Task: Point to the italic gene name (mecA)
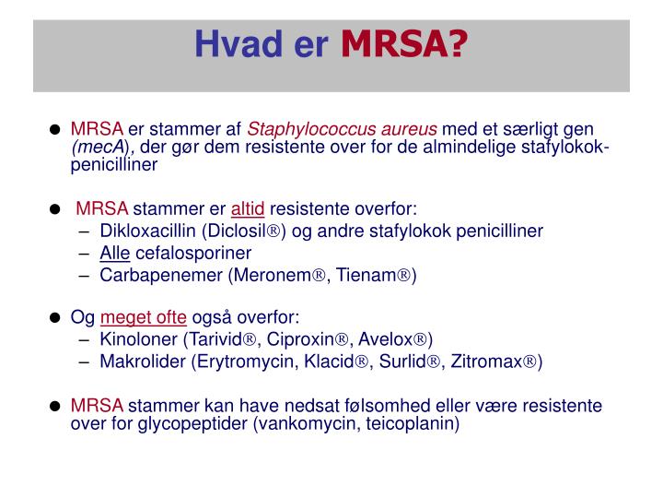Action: click(x=102, y=148)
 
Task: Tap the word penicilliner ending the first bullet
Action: click(x=114, y=165)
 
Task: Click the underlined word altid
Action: click(x=247, y=208)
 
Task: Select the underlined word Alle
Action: click(x=115, y=253)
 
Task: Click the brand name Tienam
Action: click(x=375, y=275)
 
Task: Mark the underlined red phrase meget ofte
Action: click(x=143, y=317)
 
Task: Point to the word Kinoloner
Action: click(x=138, y=339)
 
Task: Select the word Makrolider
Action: click(x=142, y=362)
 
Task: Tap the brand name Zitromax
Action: click(x=492, y=362)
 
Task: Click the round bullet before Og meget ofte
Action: click(x=55, y=318)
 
